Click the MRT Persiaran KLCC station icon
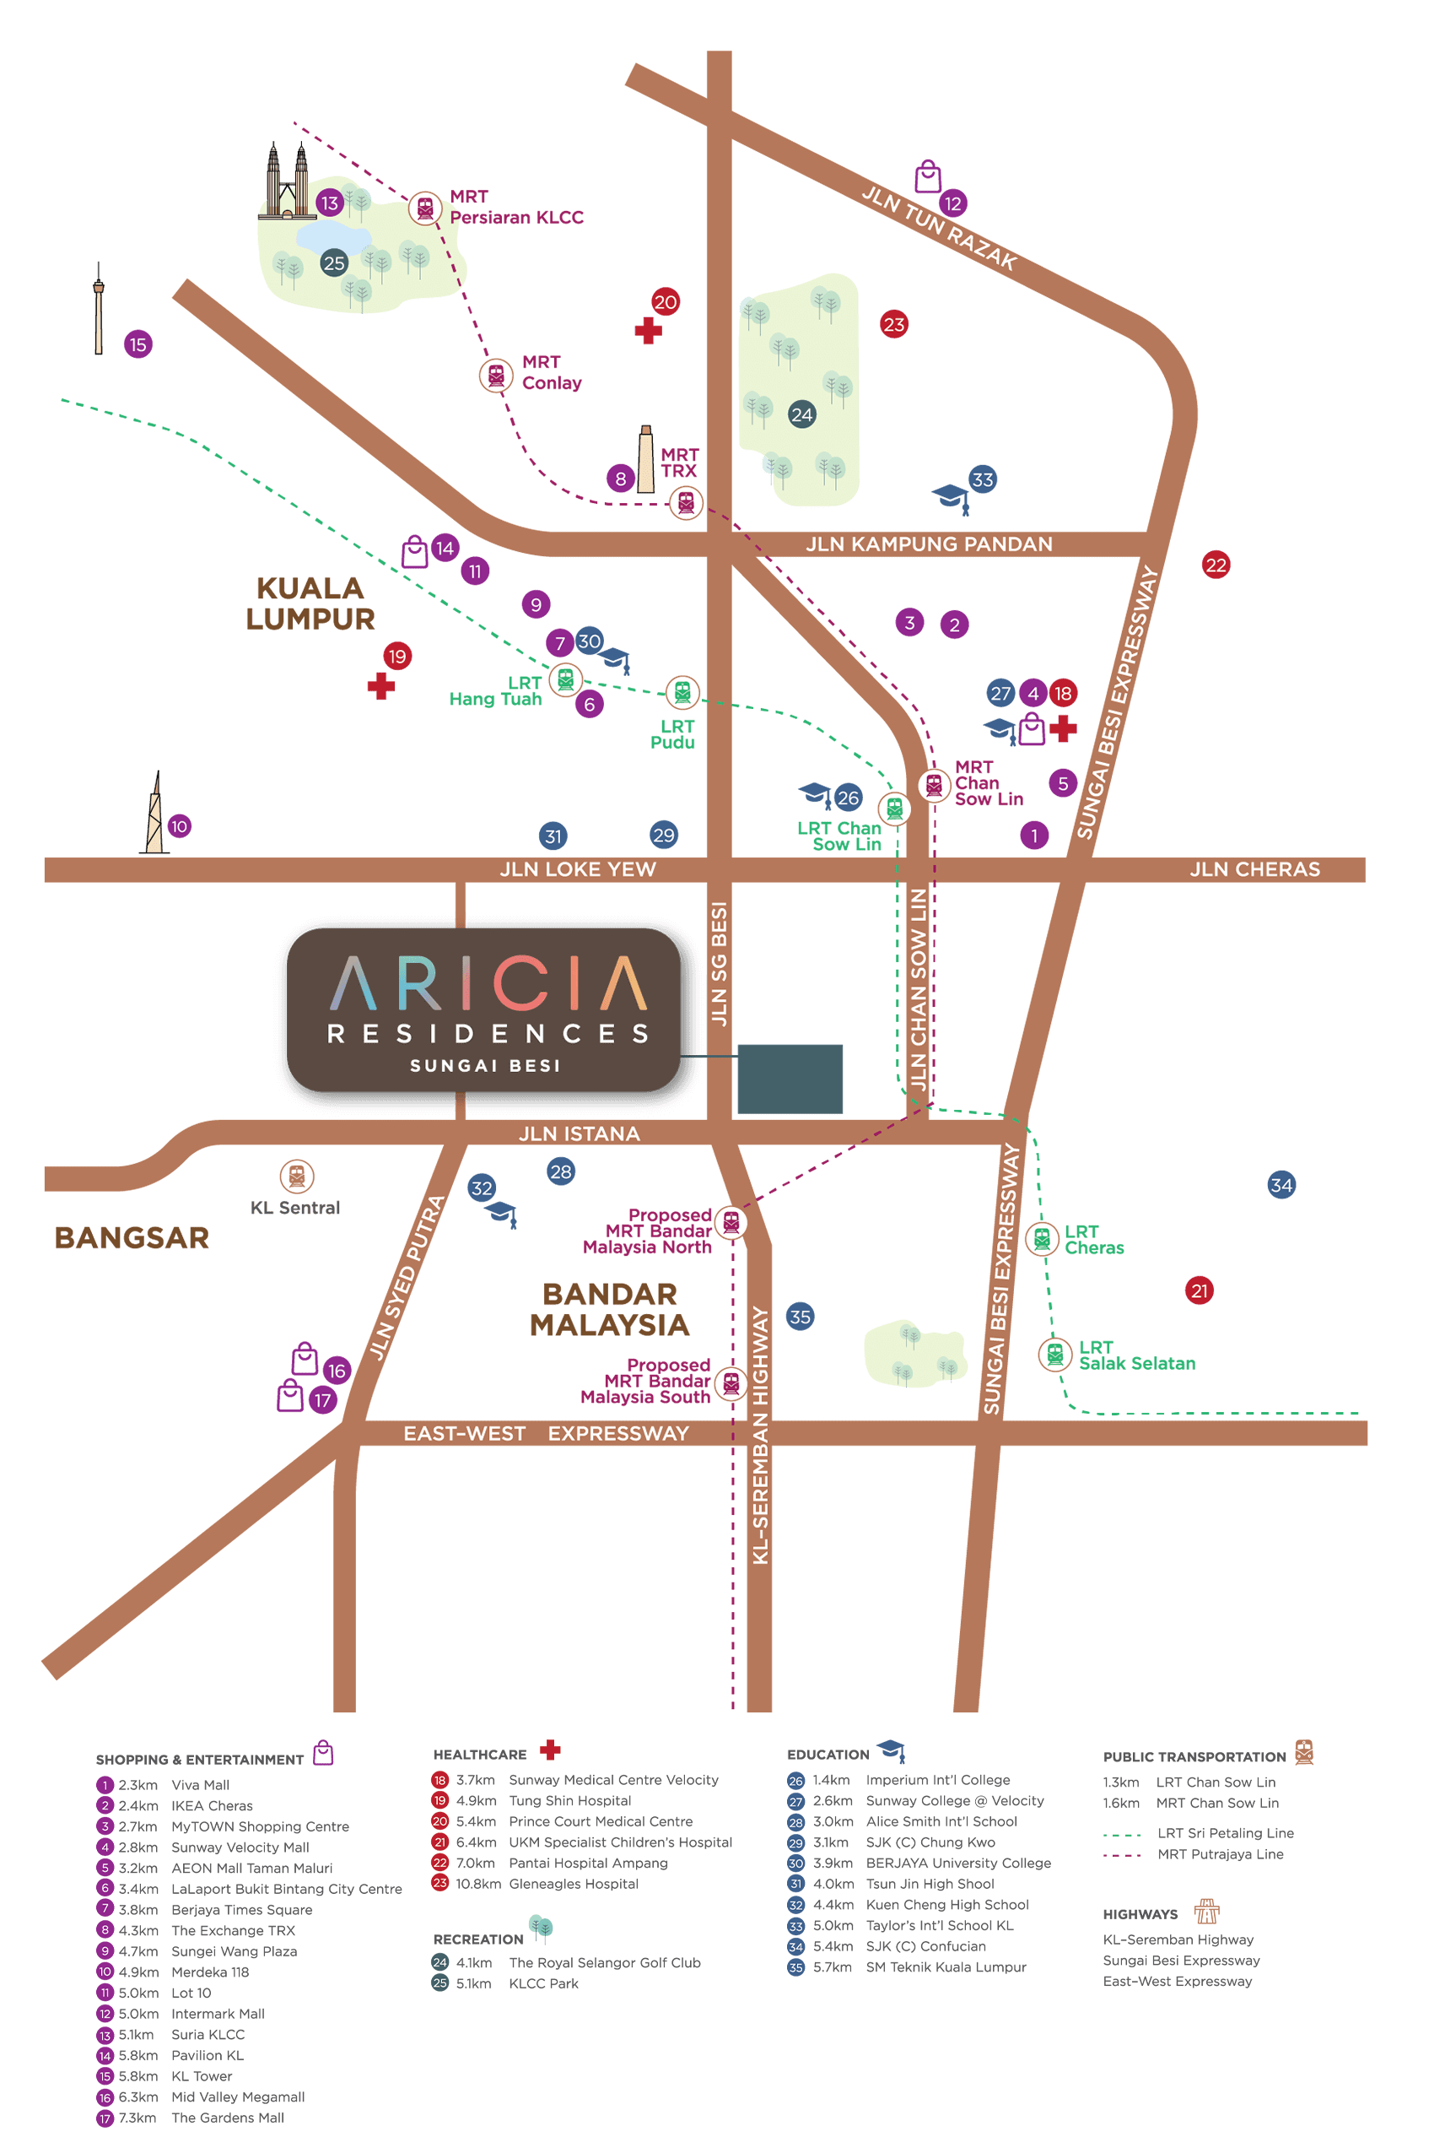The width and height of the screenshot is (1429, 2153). (x=424, y=208)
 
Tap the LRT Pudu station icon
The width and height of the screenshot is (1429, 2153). (x=682, y=693)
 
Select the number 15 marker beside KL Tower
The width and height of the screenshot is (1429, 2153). (x=138, y=344)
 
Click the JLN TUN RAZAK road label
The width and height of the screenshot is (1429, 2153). (x=939, y=228)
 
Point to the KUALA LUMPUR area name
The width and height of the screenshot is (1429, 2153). (x=310, y=603)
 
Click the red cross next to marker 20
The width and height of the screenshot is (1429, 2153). (x=648, y=331)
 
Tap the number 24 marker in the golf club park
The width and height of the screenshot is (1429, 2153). (x=801, y=414)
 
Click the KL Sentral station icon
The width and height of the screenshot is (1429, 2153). (x=296, y=1176)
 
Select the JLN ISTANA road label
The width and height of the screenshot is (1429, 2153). (x=579, y=1133)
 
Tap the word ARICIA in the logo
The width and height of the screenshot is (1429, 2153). (x=488, y=983)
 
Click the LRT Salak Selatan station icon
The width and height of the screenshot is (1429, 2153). (x=1054, y=1354)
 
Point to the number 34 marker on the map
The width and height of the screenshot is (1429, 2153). (x=1281, y=1185)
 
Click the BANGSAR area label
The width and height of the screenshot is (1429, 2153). (x=132, y=1238)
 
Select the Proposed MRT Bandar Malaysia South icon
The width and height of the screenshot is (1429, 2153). (x=731, y=1382)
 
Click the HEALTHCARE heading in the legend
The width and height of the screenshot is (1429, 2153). (x=479, y=1755)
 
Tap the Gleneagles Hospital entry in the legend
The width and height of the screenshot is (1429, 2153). (x=574, y=1884)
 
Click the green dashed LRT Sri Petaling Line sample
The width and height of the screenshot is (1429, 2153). (x=1122, y=1834)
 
